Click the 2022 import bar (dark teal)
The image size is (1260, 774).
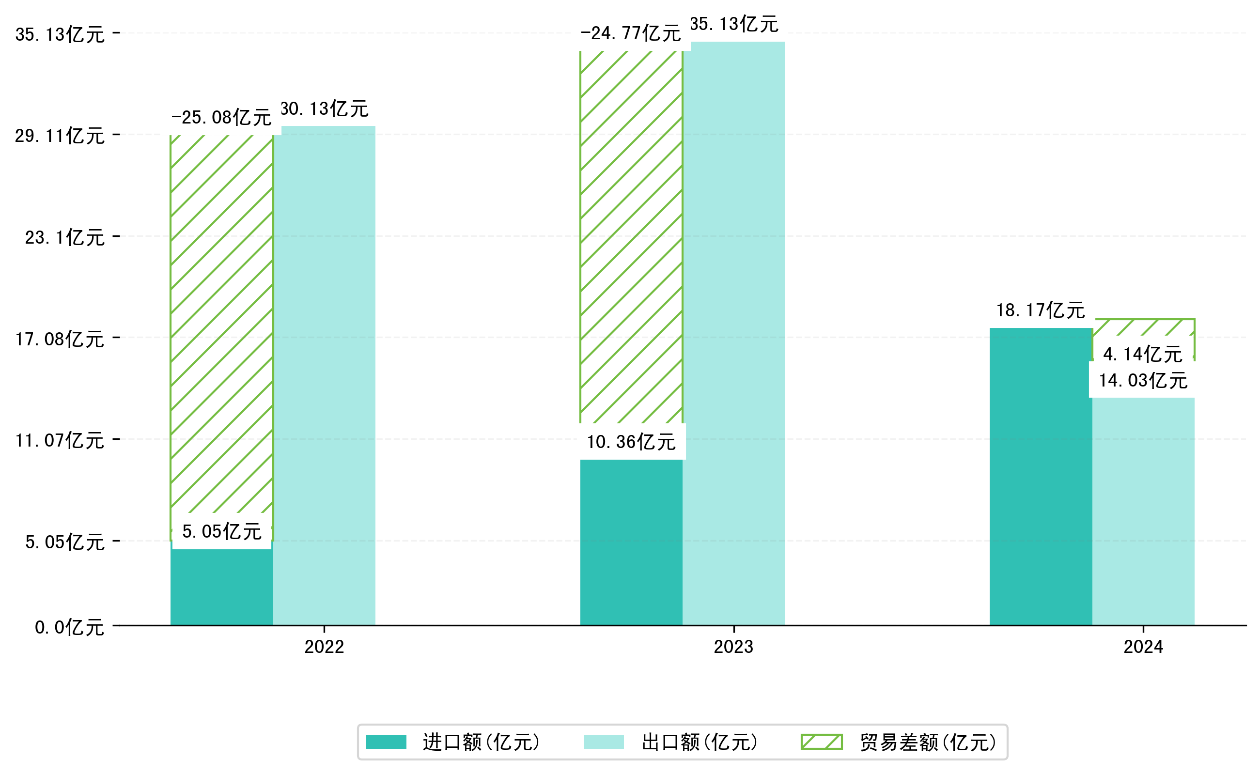(221, 588)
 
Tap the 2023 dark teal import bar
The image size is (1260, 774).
(631, 542)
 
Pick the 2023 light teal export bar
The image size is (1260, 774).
(734, 333)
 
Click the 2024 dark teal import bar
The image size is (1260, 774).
(1041, 476)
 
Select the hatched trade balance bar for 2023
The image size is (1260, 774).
(631, 235)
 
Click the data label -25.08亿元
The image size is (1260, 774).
(221, 118)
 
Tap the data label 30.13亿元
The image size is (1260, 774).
(325, 109)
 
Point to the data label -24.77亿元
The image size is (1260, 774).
(630, 33)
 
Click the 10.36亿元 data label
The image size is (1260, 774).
(631, 442)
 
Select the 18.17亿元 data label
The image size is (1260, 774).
(1041, 310)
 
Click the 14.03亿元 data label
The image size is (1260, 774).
(1143, 380)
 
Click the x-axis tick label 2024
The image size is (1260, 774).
(1143, 647)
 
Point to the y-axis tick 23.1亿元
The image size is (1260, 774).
(65, 237)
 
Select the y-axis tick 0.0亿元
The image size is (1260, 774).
(70, 627)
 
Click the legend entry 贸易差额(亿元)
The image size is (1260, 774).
(898, 742)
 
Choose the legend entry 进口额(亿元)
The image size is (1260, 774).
(452, 742)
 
